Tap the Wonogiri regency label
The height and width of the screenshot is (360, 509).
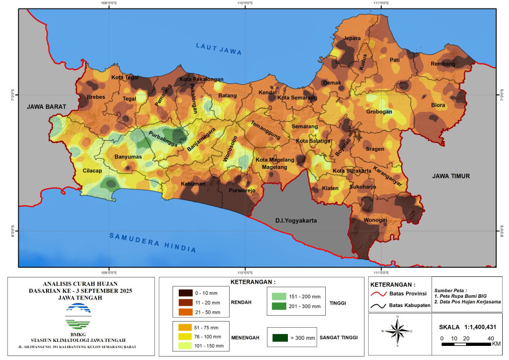click(374, 219)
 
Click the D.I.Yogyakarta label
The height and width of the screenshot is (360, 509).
click(296, 220)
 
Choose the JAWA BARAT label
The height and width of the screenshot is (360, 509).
click(46, 106)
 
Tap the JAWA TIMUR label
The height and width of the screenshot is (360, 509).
click(451, 176)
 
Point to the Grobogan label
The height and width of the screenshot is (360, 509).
click(379, 112)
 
